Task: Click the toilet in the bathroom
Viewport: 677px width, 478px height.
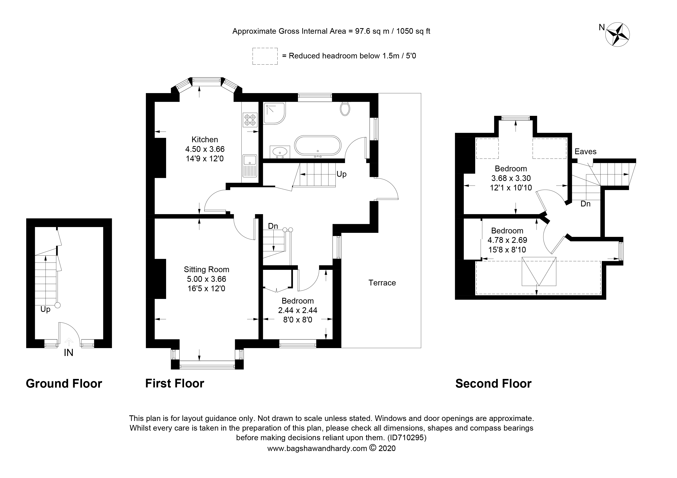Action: tap(345, 109)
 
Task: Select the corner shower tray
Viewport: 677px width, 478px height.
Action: tap(274, 113)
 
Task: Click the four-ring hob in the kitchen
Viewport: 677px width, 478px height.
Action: tap(250, 120)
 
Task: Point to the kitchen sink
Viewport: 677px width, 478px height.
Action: tap(249, 166)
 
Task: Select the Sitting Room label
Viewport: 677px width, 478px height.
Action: tap(206, 269)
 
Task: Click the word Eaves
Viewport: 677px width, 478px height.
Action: tap(585, 152)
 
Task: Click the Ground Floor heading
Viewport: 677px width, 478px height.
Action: tap(64, 384)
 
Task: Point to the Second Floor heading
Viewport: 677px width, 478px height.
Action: tap(493, 384)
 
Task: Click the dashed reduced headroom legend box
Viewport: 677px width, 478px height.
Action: tap(265, 56)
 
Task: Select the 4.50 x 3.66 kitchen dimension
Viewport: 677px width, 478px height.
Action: tap(205, 149)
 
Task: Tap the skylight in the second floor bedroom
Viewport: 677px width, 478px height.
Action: tap(539, 271)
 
